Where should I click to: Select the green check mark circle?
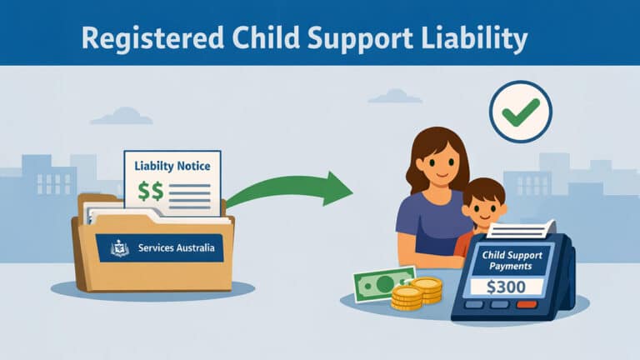point(521,111)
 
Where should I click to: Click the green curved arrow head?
point(337,188)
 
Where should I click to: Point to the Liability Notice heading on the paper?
point(172,167)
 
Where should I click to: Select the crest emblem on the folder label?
point(120,247)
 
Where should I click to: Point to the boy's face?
point(482,206)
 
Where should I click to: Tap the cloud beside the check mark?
point(395,96)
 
